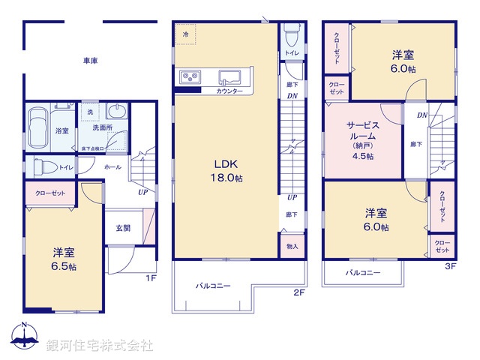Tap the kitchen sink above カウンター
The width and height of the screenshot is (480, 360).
point(230,77)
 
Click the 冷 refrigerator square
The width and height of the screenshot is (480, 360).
point(185,34)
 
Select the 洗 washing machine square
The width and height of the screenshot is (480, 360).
point(91,112)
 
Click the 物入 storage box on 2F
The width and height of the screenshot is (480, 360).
point(292,245)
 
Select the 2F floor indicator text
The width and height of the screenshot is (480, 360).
point(298,292)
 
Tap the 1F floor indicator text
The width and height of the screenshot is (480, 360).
point(150,278)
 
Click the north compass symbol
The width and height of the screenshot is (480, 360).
point(25,337)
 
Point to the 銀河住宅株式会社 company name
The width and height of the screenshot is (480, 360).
point(100,346)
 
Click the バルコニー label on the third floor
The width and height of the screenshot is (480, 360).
point(363,272)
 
